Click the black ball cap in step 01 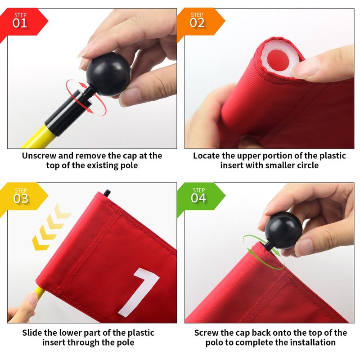108,74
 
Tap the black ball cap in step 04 283,230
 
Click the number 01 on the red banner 20,23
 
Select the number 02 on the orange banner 197,23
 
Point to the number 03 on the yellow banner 21,198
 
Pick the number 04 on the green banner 198,198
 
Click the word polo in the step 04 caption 214,342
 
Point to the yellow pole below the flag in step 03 40,293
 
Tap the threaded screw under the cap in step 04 267,246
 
